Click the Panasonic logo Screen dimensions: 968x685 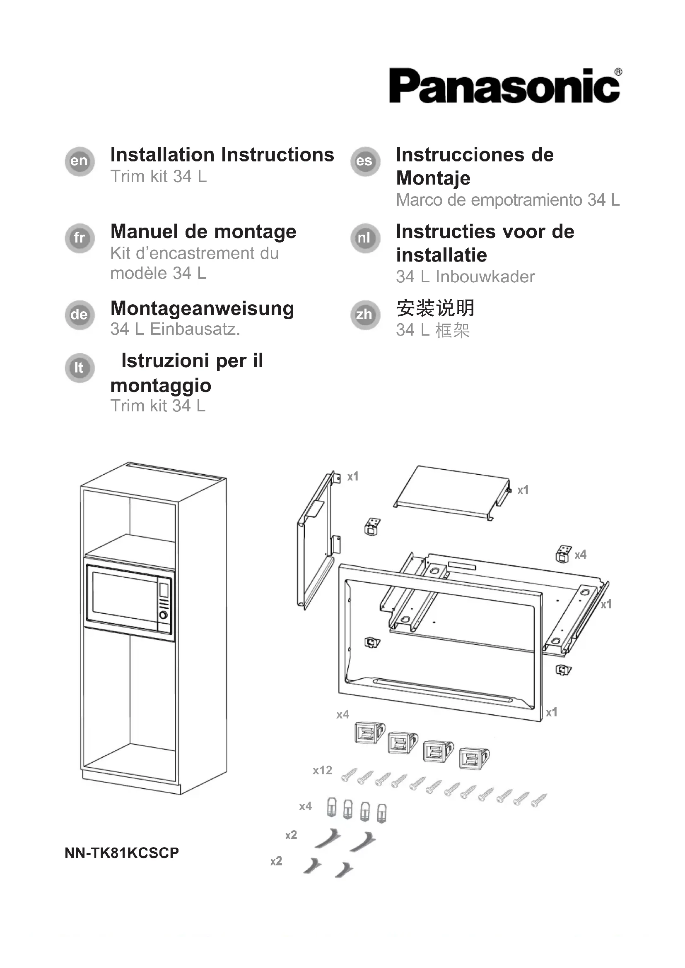[504, 86]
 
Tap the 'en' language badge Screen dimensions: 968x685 [79, 161]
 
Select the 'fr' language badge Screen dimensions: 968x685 [79, 238]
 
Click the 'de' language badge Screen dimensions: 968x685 [79, 315]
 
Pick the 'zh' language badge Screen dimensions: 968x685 [365, 315]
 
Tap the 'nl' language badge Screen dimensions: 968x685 [365, 238]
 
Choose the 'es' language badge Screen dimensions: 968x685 [365, 161]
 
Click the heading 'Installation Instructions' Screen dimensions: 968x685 [222, 155]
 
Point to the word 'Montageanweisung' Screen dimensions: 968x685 [202, 308]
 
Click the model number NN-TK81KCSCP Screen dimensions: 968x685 [122, 853]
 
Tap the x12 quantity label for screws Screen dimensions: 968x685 [322, 770]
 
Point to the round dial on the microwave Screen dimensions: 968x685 [163, 615]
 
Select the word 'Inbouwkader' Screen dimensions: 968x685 [485, 277]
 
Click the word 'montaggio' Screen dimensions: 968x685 [161, 385]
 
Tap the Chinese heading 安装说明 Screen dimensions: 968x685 [435, 308]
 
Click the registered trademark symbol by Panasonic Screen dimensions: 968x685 [618, 72]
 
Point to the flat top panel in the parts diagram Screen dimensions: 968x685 [451, 491]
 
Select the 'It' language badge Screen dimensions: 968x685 [79, 368]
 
